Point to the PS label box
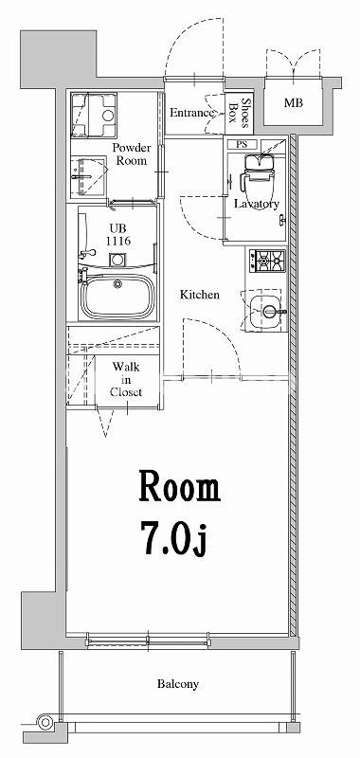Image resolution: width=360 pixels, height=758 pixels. (243, 144)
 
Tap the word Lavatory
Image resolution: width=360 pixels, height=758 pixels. (256, 204)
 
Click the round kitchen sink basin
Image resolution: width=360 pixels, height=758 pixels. (269, 309)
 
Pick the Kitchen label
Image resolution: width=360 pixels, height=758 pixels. (200, 295)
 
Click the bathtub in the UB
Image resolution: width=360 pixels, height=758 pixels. (117, 297)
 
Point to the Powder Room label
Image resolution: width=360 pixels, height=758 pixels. (134, 154)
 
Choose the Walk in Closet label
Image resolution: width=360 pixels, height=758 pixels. (126, 379)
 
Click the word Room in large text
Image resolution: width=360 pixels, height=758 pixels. (180, 488)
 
